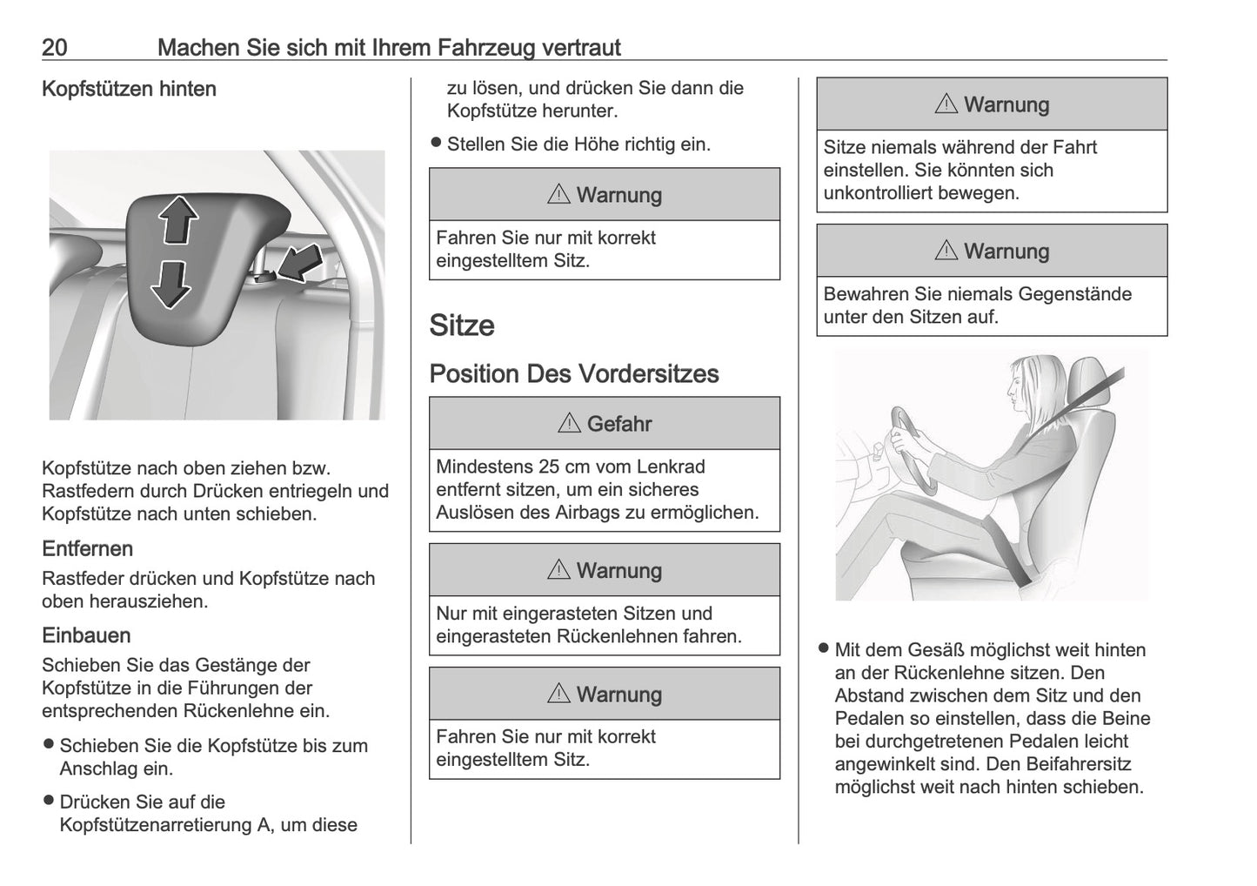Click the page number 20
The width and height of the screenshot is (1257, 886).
(x=55, y=47)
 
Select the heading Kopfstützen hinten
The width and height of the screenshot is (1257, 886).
(x=129, y=89)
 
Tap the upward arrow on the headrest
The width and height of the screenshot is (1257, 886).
(x=178, y=219)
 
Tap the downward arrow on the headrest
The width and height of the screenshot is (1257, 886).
(x=171, y=284)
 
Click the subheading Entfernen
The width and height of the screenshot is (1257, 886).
(x=87, y=549)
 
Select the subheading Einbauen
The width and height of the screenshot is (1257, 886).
(x=86, y=636)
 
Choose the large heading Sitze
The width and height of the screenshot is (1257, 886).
(x=462, y=326)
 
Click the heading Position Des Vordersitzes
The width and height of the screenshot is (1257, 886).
(x=574, y=374)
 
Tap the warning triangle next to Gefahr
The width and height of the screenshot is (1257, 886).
(x=569, y=424)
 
